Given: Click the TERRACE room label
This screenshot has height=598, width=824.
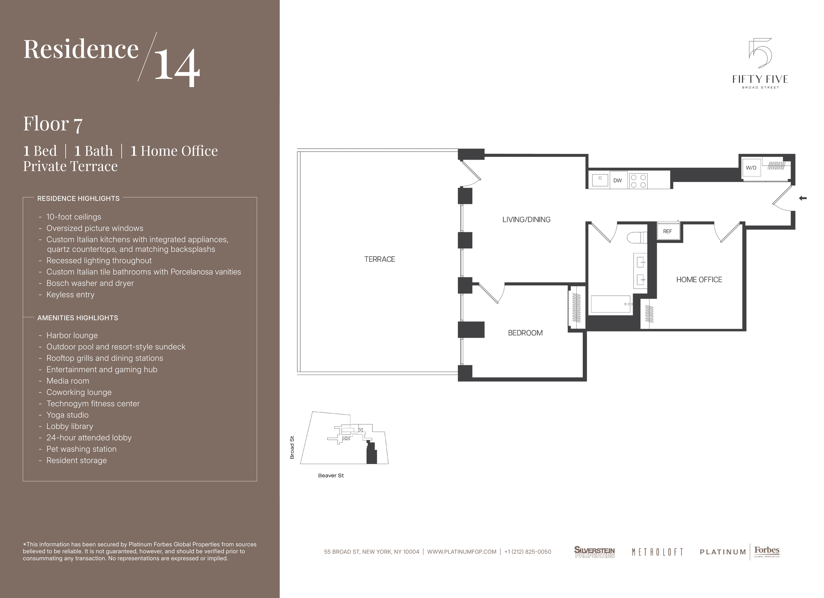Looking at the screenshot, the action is tap(380, 259).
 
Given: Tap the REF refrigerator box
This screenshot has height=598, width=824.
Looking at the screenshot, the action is tap(668, 231).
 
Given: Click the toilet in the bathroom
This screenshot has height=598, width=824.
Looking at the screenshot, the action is tap(637, 238).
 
